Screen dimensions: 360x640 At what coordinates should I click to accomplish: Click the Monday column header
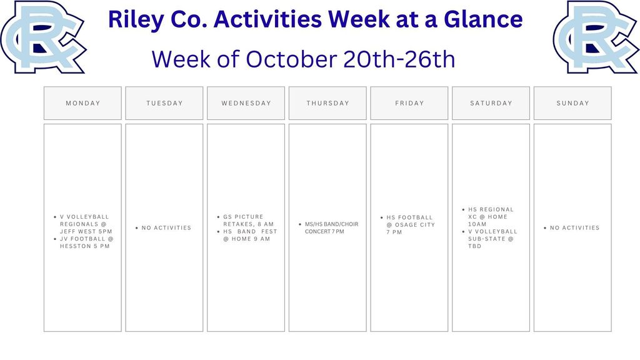point(82,103)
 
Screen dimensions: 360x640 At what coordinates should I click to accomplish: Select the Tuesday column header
point(164,103)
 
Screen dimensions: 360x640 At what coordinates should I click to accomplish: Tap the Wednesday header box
point(246,103)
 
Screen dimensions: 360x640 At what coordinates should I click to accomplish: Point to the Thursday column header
point(327,103)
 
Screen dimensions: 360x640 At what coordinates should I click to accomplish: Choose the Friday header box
point(409,103)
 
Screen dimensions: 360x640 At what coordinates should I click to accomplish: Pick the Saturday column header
point(491,103)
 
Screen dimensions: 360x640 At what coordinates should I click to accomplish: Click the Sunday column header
point(572,103)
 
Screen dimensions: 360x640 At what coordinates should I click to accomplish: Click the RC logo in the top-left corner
point(42,36)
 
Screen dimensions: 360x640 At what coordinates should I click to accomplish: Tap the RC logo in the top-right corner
point(595,36)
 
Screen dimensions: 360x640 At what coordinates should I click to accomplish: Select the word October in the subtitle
point(292,59)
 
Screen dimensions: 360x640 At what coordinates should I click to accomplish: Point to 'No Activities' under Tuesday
point(166,228)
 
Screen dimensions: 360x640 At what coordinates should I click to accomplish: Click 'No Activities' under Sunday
point(574,228)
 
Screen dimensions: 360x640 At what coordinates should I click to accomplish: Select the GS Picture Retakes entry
point(247,220)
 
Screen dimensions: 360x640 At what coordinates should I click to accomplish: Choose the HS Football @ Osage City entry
point(410,225)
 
